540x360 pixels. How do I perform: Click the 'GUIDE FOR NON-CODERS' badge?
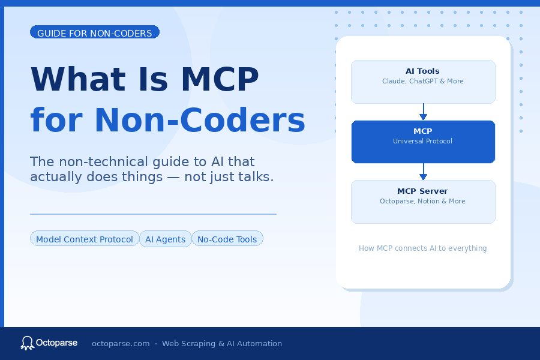tap(95, 32)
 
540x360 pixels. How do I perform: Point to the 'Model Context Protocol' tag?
tap(85, 239)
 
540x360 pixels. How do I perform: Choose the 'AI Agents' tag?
tap(166, 239)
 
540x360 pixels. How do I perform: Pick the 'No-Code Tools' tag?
tap(227, 239)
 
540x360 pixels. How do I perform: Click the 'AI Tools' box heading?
tap(422, 71)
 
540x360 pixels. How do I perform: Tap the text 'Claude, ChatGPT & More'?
tap(422, 81)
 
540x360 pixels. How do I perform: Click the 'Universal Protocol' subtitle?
tap(422, 141)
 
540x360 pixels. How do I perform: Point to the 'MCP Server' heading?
tap(422, 191)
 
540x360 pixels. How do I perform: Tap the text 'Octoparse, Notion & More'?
tap(422, 201)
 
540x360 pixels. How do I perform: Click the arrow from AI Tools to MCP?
tap(423, 112)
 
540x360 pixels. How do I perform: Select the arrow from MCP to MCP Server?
tap(423, 172)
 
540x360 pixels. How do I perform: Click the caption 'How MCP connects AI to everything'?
tap(422, 248)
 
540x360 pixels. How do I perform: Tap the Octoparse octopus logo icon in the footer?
tap(27, 343)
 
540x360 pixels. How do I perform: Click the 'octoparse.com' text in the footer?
tap(121, 344)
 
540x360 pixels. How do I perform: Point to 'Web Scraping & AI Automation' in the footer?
tap(222, 344)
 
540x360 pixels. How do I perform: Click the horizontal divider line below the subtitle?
tap(153, 214)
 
